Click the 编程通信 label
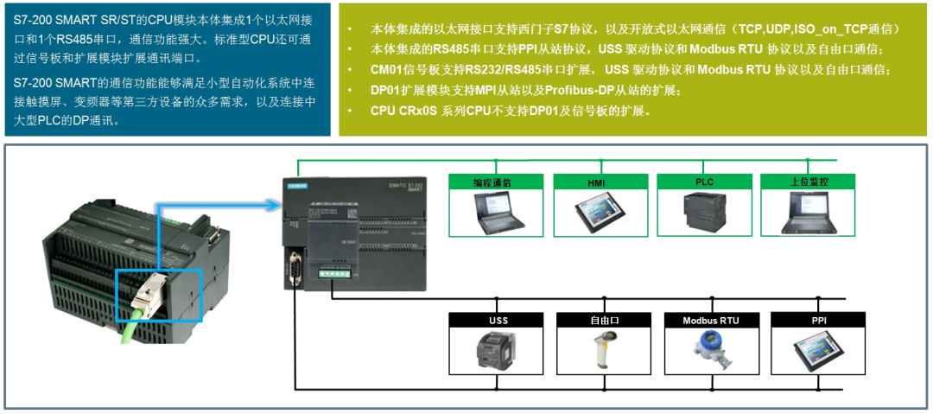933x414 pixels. click(495, 182)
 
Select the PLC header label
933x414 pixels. click(704, 182)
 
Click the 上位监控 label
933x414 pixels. click(809, 182)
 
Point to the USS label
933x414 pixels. click(498, 321)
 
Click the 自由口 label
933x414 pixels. click(604, 321)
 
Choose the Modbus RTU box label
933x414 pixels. click(711, 321)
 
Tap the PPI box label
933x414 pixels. click(818, 321)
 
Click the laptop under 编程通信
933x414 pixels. click(496, 212)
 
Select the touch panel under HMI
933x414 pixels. click(600, 213)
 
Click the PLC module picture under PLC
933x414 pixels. click(705, 213)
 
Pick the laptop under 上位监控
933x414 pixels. click(809, 212)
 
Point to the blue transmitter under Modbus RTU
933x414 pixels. click(710, 351)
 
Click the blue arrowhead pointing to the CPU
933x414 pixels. click(275, 205)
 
